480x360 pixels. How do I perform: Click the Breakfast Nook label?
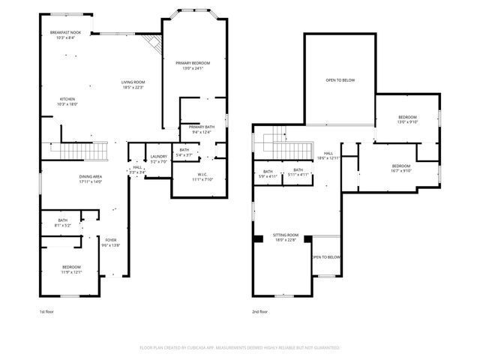65,34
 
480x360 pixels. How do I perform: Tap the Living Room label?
133,84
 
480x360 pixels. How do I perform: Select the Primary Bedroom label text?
193,65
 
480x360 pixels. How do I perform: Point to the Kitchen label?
67,101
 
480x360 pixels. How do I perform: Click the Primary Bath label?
202,130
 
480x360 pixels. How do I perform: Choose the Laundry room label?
158,158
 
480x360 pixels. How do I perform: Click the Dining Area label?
90,178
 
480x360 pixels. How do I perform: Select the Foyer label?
110,242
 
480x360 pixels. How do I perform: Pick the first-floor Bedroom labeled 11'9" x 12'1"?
71,269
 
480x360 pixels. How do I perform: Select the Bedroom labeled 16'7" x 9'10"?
400,168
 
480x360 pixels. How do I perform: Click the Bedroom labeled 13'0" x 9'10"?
407,120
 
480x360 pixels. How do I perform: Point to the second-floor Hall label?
328,155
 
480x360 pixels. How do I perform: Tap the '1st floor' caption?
46,311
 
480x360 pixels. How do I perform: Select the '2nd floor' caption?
259,311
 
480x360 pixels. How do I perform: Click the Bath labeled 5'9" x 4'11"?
268,173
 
